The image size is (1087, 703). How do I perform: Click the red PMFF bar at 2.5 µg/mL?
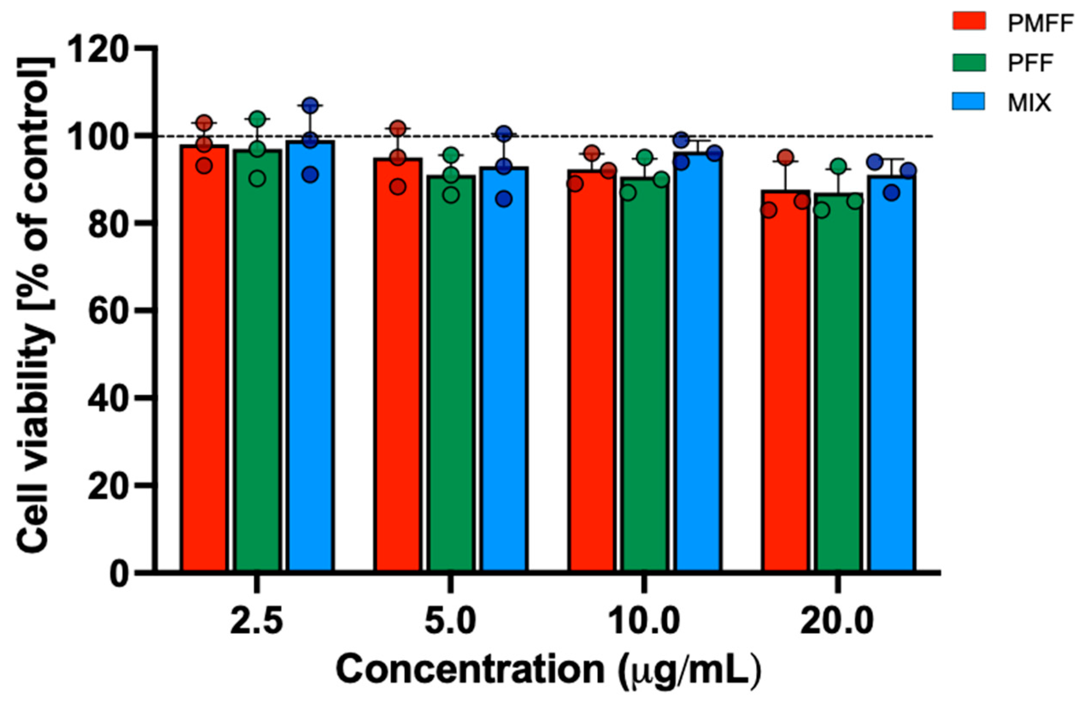tap(204, 365)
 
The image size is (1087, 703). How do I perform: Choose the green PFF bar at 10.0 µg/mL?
tap(644, 379)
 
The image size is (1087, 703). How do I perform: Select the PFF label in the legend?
tap(1030, 64)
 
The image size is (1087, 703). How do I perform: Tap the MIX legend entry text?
tap(1029, 103)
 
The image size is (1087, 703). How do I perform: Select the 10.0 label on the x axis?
tap(644, 622)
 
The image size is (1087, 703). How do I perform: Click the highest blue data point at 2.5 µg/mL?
tap(310, 105)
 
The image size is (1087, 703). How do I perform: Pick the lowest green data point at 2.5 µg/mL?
tap(258, 179)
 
